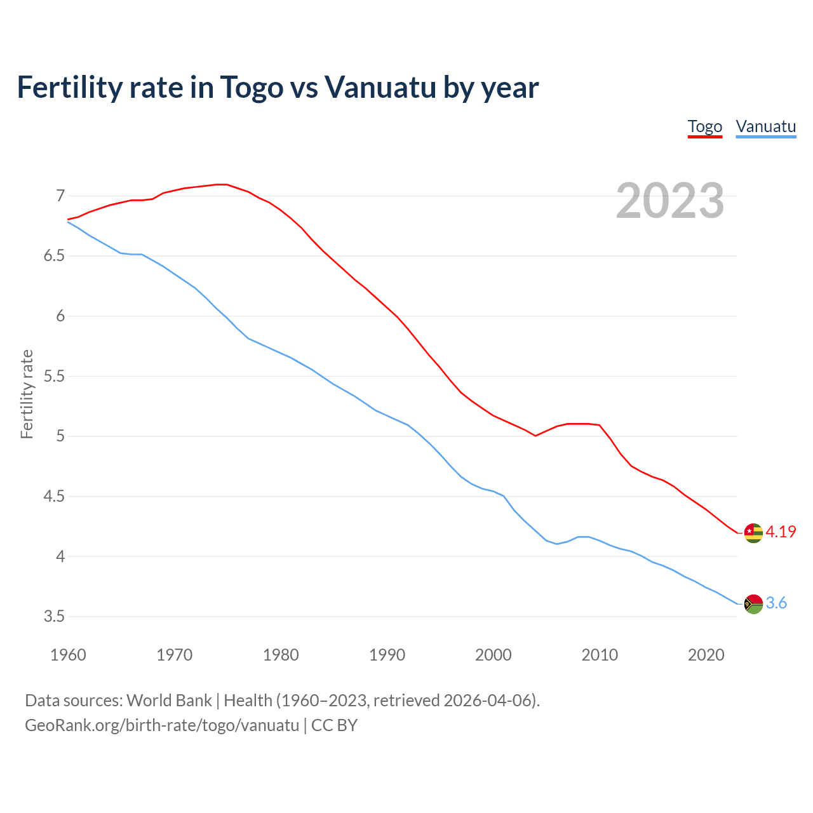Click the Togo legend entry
point(705,126)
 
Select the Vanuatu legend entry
point(765,126)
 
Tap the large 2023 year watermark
point(669,201)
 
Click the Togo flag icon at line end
point(753,533)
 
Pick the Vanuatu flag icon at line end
point(753,603)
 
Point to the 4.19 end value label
point(781,532)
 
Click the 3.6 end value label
point(776,603)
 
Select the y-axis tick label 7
point(60,196)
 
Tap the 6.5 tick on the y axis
point(54,256)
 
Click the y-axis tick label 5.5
point(54,376)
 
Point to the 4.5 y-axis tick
point(54,496)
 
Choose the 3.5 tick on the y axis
point(54,616)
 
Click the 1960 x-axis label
point(68,655)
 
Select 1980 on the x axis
point(281,655)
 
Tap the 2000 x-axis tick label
point(494,655)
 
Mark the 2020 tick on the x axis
point(706,655)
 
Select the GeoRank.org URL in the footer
point(162,725)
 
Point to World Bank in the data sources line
point(169,701)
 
